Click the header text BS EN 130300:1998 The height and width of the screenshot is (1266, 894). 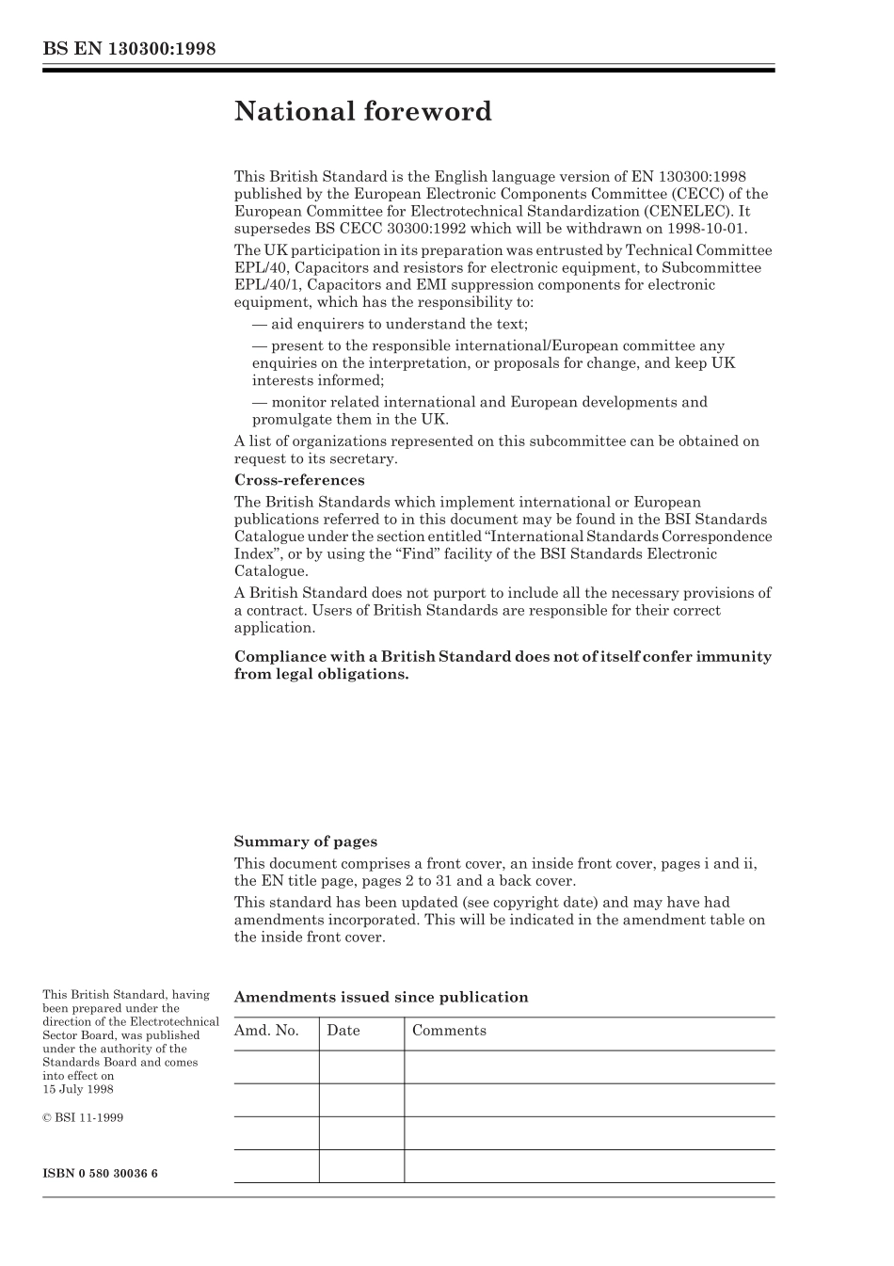pyautogui.click(x=130, y=49)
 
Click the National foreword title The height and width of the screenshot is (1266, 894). pyautogui.click(x=362, y=111)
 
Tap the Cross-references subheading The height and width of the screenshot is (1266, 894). pyautogui.click(x=299, y=480)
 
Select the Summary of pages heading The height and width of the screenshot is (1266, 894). pyautogui.click(x=305, y=841)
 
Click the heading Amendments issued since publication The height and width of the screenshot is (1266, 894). pyautogui.click(x=381, y=997)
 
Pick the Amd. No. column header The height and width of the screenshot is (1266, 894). pyautogui.click(x=266, y=1031)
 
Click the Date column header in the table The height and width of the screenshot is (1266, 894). pyautogui.click(x=343, y=1031)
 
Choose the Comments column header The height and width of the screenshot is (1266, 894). pyautogui.click(x=449, y=1031)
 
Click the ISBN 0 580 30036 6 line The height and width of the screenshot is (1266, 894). pyautogui.click(x=101, y=1173)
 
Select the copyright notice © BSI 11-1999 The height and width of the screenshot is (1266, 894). pyautogui.click(x=83, y=1117)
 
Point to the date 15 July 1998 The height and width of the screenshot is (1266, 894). pyautogui.click(x=78, y=1089)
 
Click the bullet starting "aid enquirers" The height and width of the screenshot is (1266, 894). pyautogui.click(x=391, y=324)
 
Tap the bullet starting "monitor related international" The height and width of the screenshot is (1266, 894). pyautogui.click(x=480, y=402)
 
